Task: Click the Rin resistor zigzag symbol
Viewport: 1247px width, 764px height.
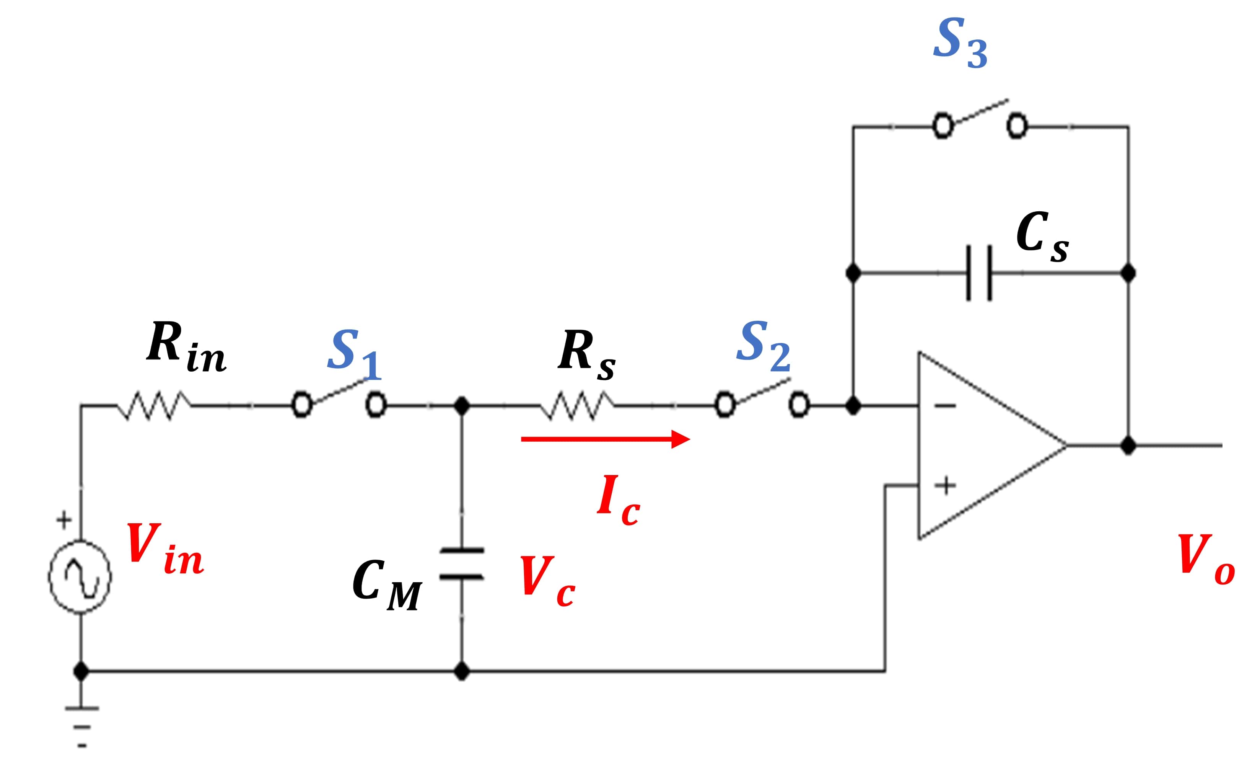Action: click(x=154, y=405)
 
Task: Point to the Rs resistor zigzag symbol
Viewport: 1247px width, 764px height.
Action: click(x=576, y=405)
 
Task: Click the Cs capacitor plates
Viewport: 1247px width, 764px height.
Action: click(x=979, y=273)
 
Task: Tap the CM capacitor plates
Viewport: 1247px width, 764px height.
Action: click(x=462, y=563)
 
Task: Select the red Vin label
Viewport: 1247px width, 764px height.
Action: click(x=164, y=549)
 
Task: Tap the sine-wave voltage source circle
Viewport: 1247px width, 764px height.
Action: click(x=80, y=577)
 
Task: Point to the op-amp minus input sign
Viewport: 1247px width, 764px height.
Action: click(x=944, y=405)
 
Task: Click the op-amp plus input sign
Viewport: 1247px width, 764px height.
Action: click(x=944, y=486)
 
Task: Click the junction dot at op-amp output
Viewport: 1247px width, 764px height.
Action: click(x=1128, y=446)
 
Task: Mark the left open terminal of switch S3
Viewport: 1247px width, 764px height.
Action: click(x=943, y=126)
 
